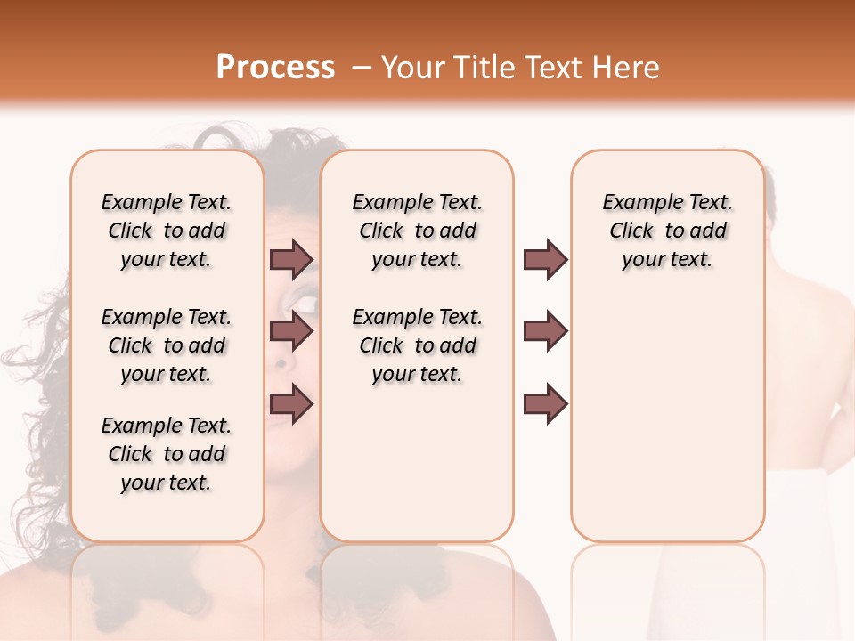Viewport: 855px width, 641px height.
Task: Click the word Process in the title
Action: [275, 68]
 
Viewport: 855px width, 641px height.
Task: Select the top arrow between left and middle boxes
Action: [291, 259]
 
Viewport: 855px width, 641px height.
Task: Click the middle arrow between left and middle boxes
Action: [291, 331]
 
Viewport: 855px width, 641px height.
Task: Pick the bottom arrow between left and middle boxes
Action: [291, 403]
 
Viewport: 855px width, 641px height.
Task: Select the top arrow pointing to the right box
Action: [545, 259]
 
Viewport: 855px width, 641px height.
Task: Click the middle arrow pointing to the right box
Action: [545, 331]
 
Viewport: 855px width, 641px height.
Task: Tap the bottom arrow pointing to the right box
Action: [545, 403]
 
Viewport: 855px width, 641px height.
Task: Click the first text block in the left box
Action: [167, 231]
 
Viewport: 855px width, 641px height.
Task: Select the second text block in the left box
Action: [167, 345]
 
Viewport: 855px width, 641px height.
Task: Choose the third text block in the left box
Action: [167, 454]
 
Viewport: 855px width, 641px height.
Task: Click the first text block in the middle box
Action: [417, 231]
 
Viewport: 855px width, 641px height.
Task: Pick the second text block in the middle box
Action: [417, 345]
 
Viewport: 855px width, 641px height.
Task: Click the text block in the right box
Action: [667, 231]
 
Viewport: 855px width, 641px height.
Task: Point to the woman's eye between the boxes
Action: [305, 304]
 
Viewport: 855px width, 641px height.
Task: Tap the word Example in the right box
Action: [641, 203]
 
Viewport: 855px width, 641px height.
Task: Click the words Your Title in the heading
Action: [445, 68]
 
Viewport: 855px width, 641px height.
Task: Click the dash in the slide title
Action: [361, 68]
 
